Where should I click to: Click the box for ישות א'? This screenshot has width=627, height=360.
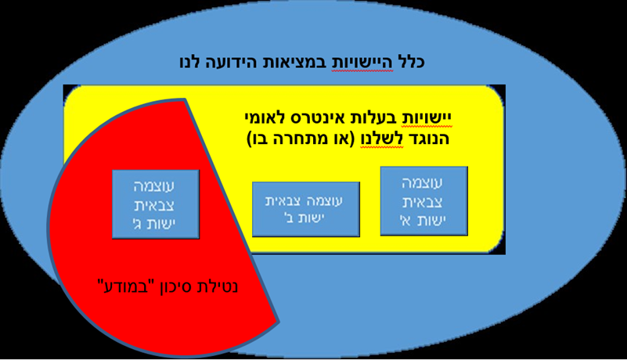coord(423,201)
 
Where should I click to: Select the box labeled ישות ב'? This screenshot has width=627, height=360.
coord(306,209)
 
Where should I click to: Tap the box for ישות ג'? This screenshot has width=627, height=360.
coord(156,204)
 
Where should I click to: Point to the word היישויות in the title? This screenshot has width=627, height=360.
coord(363,63)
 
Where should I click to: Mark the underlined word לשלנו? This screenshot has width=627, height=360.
coord(382,139)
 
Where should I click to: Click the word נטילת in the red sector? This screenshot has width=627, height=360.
coord(218,287)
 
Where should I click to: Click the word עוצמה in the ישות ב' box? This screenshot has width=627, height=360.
coord(326,201)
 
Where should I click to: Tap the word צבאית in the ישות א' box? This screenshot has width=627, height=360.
coord(423,202)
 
